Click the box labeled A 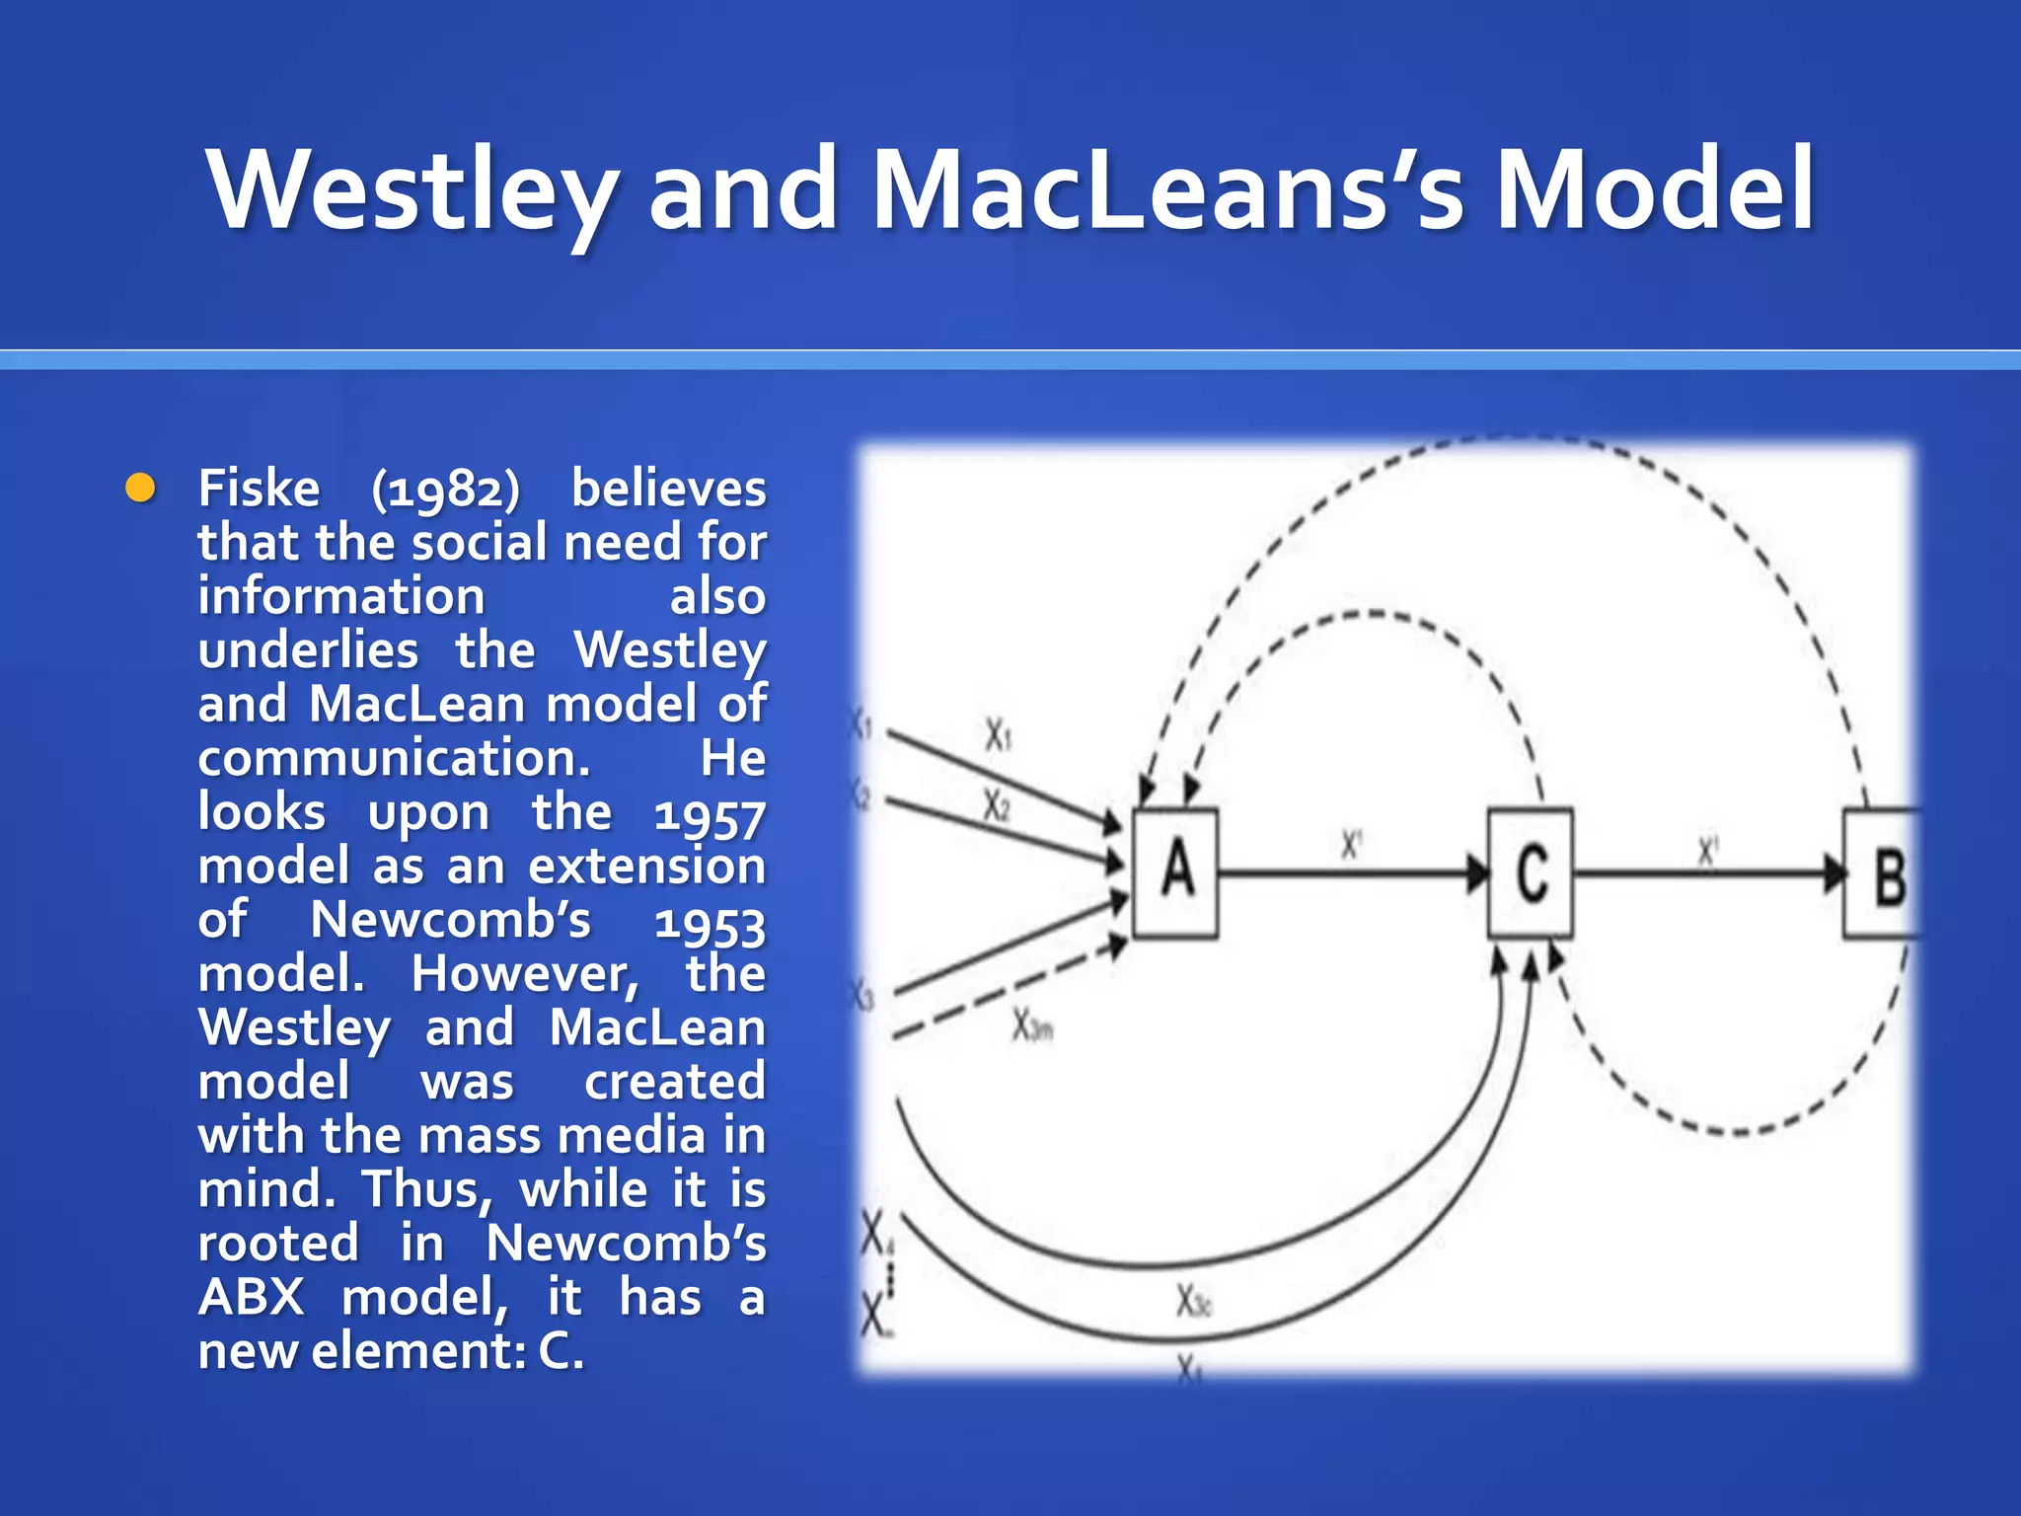point(1174,872)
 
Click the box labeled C point(1530,872)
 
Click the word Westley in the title point(412,189)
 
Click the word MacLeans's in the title point(1167,189)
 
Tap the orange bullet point point(141,488)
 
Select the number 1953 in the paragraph point(710,923)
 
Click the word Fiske point(259,489)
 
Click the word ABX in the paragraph point(251,1297)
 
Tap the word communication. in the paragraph point(394,758)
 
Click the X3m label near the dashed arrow point(1032,1027)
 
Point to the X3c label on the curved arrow point(1192,1303)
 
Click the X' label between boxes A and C point(1351,845)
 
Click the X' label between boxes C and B point(1707,851)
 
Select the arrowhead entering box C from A point(1476,873)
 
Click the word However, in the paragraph point(525,975)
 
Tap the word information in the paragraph point(341,597)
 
